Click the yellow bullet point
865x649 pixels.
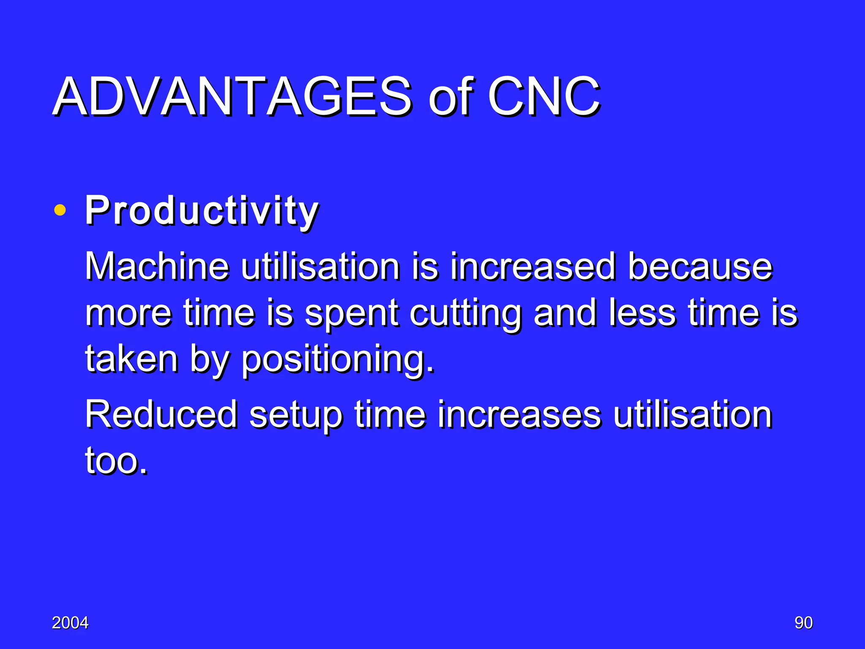[x=60, y=210]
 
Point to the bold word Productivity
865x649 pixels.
[x=201, y=211]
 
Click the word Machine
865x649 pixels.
[x=157, y=266]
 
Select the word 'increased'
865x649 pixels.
[x=532, y=266]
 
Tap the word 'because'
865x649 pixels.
[x=700, y=266]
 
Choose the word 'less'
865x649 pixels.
[x=642, y=313]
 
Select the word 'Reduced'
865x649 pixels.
[x=161, y=414]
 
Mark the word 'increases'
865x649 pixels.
[x=519, y=414]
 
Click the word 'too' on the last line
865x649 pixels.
[x=115, y=461]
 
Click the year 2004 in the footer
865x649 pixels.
[x=70, y=623]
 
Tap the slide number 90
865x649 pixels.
[x=803, y=623]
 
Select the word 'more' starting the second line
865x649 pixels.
[x=128, y=314]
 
